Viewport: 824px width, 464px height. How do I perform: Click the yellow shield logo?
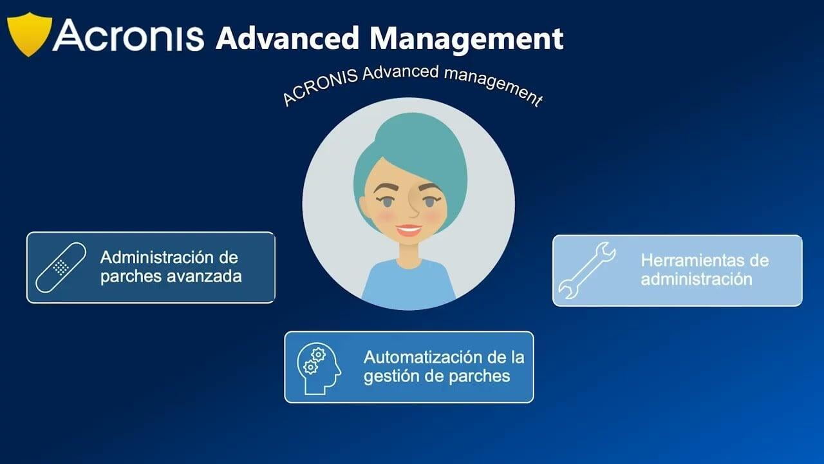(30, 34)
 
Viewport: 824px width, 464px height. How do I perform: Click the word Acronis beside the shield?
(128, 35)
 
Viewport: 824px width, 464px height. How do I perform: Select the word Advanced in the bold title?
(287, 37)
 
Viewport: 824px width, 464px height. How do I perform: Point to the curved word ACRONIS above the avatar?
(320, 86)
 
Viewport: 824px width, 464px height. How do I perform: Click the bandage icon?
(61, 267)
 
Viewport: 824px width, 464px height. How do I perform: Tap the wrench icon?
(587, 270)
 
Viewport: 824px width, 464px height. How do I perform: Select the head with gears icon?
(319, 368)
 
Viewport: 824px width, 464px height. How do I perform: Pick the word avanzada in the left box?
(204, 276)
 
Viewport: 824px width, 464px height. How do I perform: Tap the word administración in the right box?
(697, 279)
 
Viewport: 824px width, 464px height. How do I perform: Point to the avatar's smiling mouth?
(409, 230)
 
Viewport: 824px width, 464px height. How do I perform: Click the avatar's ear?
(365, 208)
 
